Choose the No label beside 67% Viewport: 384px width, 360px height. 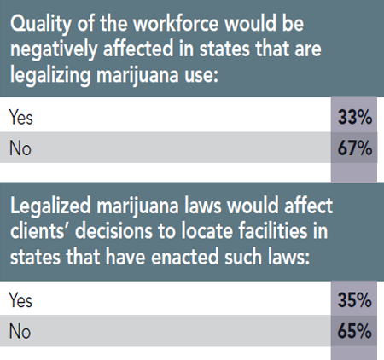click(19, 150)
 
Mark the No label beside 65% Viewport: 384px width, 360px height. click(19, 331)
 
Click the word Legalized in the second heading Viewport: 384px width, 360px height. click(49, 206)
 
